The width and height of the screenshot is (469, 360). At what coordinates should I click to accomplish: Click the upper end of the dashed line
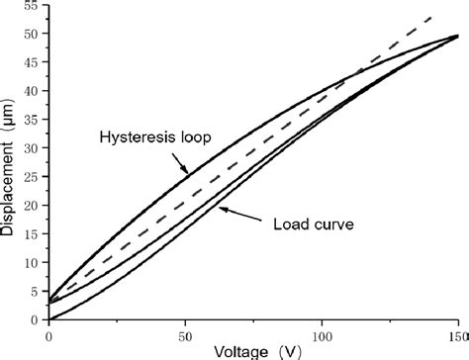point(433,17)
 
